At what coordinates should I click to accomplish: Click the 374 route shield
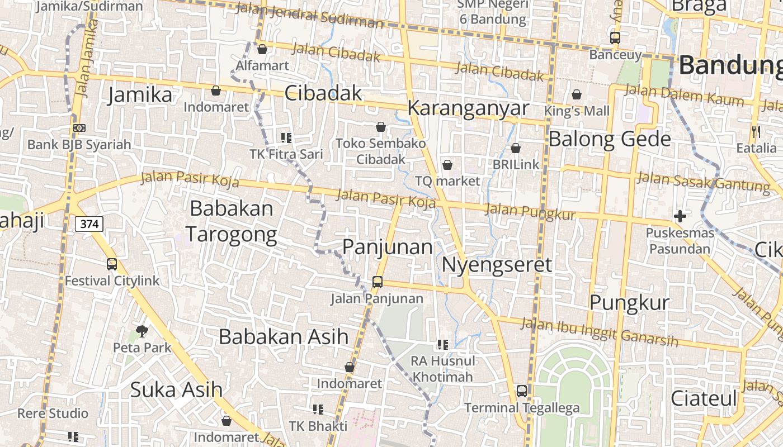[89, 224]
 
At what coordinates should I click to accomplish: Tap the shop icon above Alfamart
[262, 49]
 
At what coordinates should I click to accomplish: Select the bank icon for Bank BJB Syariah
[79, 128]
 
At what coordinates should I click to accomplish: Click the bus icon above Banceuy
[615, 38]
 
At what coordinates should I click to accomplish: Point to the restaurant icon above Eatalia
[756, 132]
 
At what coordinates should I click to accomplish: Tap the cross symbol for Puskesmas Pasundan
[680, 216]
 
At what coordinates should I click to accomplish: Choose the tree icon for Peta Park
[142, 331]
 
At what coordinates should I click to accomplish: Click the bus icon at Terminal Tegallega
[522, 391]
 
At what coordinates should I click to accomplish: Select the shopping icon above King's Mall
[577, 94]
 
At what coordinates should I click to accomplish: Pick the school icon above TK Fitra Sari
[286, 137]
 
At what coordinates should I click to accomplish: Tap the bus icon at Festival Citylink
[112, 264]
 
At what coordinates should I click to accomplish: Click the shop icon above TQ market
[447, 165]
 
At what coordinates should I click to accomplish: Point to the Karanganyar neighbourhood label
[468, 108]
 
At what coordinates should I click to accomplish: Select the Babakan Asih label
[284, 337]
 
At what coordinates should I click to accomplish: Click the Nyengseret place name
[497, 264]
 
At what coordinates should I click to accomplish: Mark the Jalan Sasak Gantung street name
[703, 182]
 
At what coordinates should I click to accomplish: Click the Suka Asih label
[176, 389]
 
